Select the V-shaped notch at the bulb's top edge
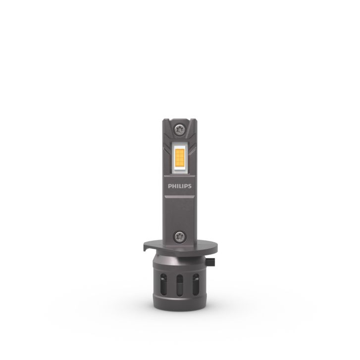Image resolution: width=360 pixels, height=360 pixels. [x=180, y=120]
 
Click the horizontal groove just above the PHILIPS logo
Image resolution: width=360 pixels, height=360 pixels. [x=180, y=177]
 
